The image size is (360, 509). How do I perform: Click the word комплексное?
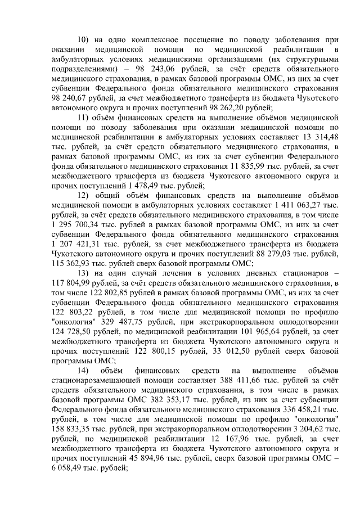click(x=146, y=40)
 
